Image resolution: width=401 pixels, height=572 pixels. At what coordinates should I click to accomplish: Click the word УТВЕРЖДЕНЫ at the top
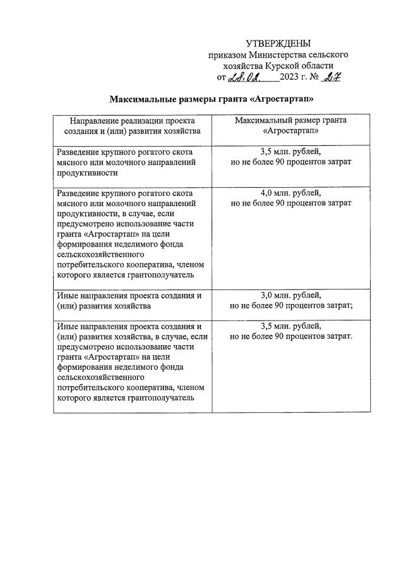click(x=278, y=44)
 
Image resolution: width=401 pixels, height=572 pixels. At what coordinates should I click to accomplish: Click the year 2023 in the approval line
click(x=292, y=78)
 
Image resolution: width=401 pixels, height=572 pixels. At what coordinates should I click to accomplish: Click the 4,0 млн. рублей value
click(x=290, y=193)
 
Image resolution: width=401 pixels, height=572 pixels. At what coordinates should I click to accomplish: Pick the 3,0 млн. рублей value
click(x=290, y=295)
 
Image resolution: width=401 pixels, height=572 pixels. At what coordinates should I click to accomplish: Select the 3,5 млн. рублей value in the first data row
click(x=290, y=152)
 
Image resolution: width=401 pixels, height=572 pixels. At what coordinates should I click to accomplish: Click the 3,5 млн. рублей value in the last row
click(x=290, y=326)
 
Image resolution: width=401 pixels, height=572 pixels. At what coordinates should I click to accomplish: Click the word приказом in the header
click(x=225, y=55)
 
